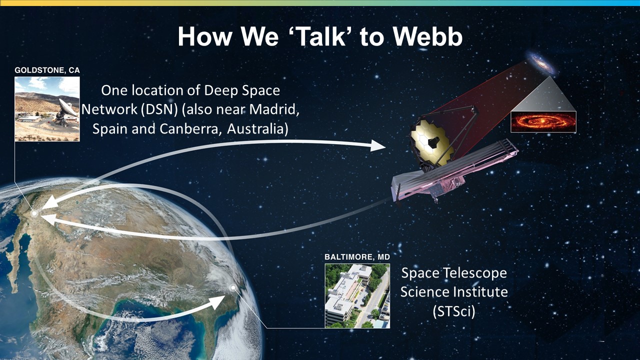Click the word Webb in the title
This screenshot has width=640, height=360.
[x=428, y=36]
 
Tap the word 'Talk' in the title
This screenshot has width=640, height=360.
[x=322, y=36]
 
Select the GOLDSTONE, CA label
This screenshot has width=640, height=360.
[x=47, y=70]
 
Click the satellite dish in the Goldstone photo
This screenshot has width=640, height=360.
[x=66, y=111]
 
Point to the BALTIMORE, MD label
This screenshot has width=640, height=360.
[x=357, y=257]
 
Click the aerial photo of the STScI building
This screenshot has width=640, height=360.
[x=357, y=295]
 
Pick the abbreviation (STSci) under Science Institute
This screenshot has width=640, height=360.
[x=454, y=311]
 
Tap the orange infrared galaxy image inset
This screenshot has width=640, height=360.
[x=543, y=122]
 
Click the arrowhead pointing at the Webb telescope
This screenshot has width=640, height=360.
[x=377, y=145]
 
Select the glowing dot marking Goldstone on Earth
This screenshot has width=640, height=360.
[x=34, y=213]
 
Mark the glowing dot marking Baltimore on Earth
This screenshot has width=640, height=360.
[x=233, y=287]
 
